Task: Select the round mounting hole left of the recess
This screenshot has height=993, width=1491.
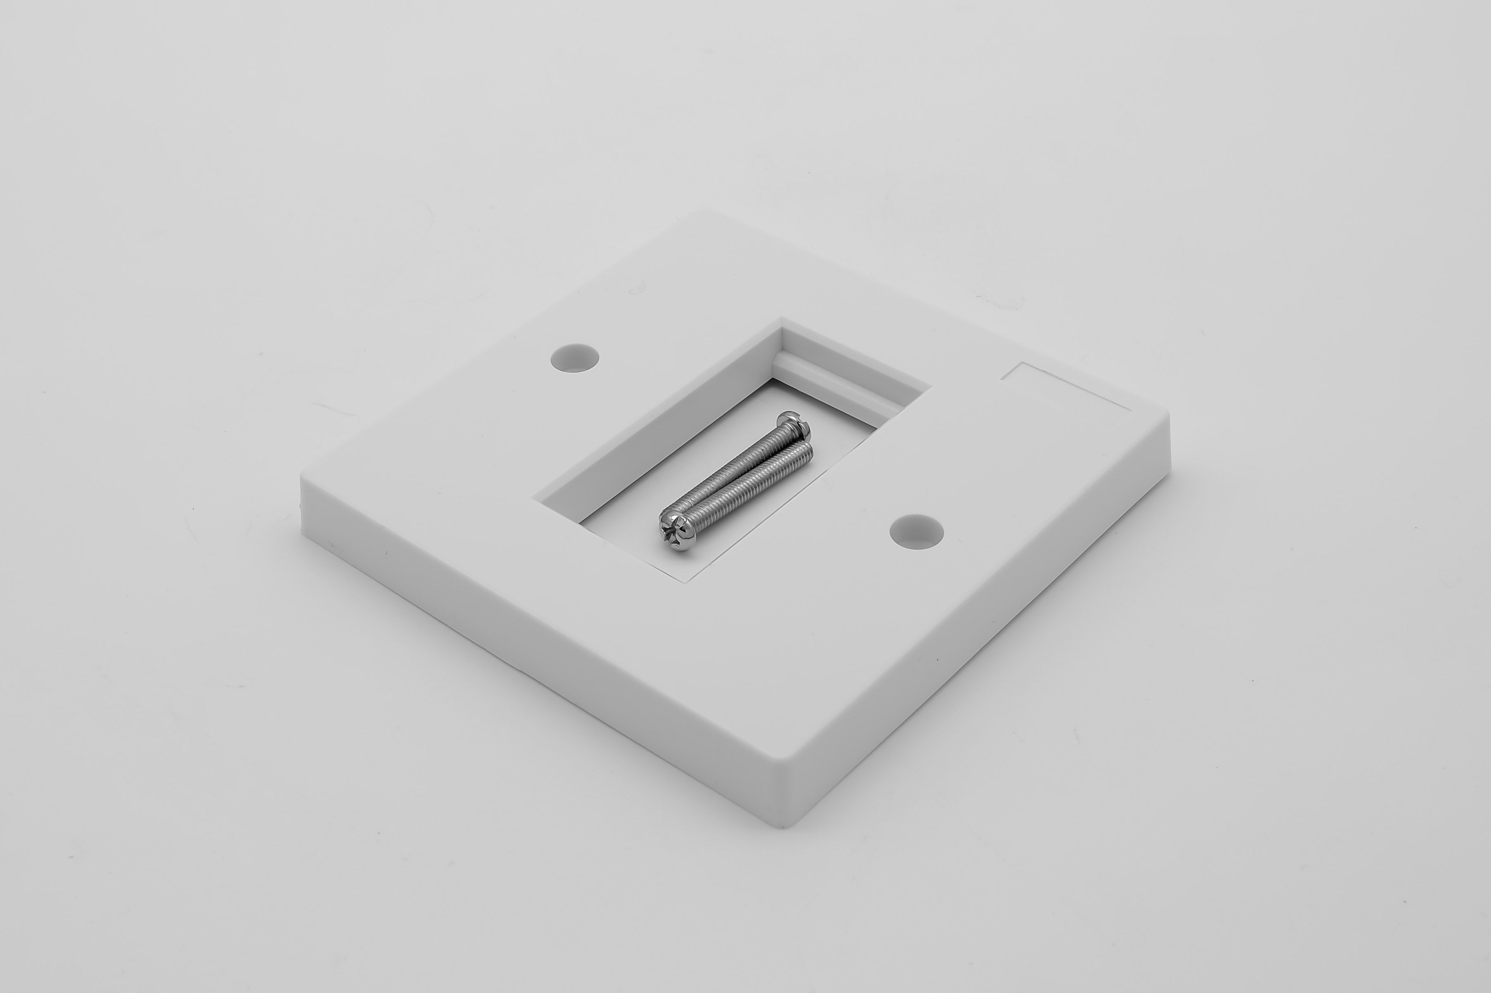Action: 574,358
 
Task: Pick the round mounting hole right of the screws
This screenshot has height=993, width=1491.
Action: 916,531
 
